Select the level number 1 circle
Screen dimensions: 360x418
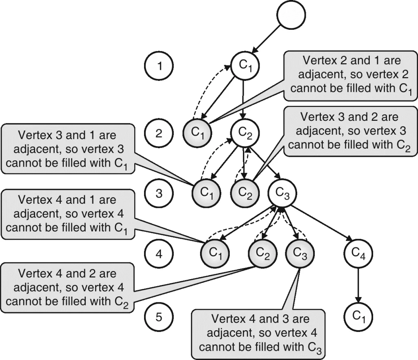159,65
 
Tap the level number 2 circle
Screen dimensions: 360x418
159,133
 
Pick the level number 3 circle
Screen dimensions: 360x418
159,193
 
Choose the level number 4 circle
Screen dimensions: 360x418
159,255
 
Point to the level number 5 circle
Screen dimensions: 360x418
159,317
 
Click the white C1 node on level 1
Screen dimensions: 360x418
245,65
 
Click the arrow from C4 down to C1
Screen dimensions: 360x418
358,285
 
